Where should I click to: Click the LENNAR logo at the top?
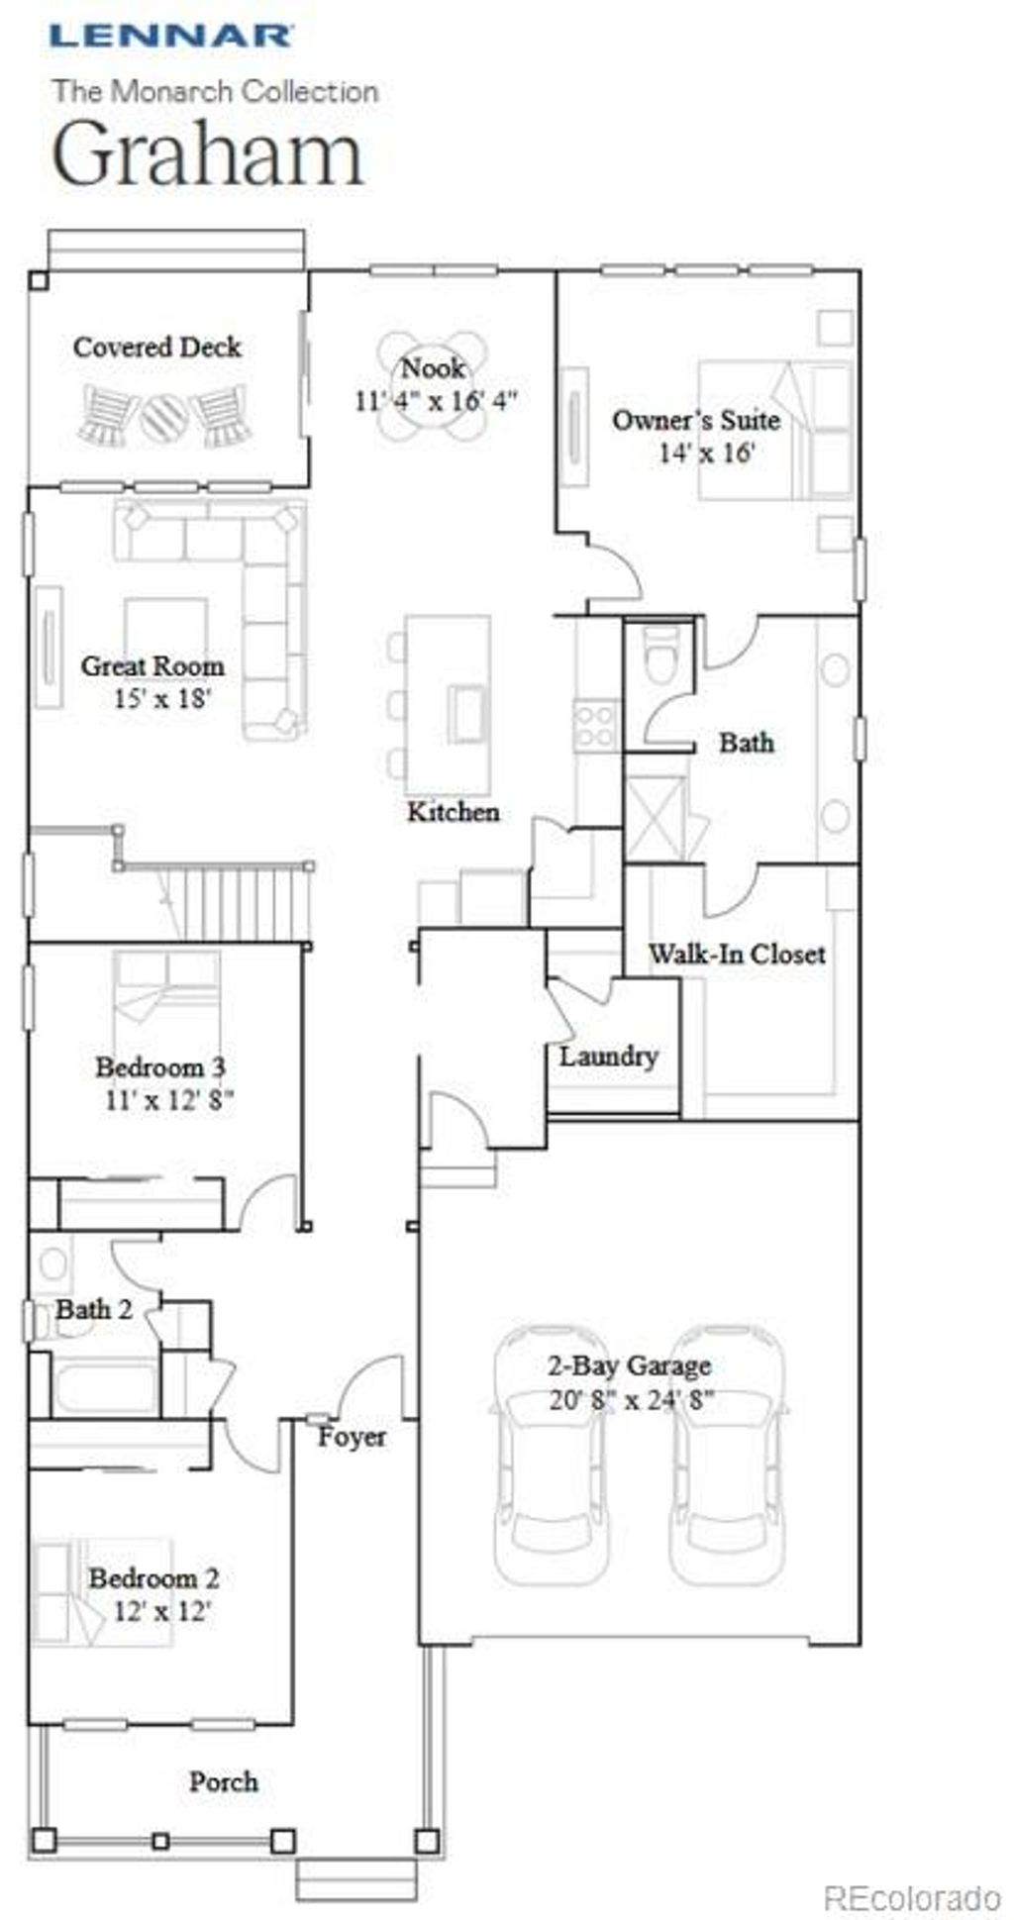tap(171, 37)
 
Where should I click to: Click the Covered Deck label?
tap(156, 348)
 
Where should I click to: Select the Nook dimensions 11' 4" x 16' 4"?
tap(436, 401)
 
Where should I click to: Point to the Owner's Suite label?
tap(695, 420)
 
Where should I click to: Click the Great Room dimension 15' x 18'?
tap(162, 699)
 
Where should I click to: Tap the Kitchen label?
tap(453, 812)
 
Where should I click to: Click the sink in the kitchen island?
tap(467, 710)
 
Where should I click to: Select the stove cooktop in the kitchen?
tap(596, 726)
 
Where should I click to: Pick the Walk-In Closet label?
tap(737, 955)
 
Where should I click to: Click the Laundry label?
tap(608, 1057)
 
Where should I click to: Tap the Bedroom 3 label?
tap(160, 1067)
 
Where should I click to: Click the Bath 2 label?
tap(93, 1310)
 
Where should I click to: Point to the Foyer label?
tap(352, 1437)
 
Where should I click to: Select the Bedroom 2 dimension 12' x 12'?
tap(162, 1611)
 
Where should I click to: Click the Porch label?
tap(224, 1782)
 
